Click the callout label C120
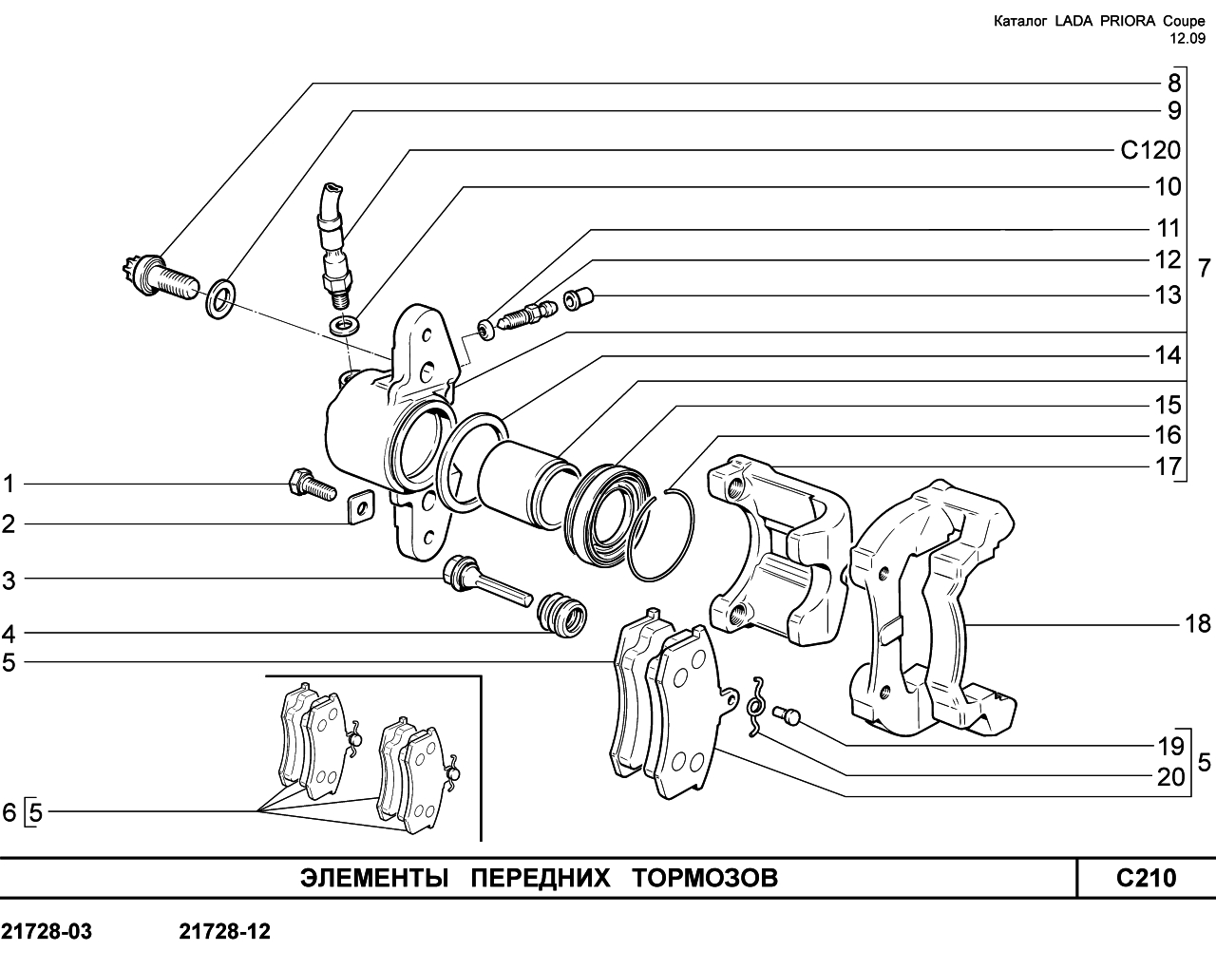pos(1150,150)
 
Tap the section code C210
pos(1146,878)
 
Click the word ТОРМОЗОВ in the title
pos(705,878)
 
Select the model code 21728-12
pos(225,932)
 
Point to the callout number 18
pos(1197,624)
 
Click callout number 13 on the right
pos(1168,295)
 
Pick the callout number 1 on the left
pos(9,484)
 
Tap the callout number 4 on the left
pos(9,635)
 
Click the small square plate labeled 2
pos(360,506)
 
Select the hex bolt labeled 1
pos(312,485)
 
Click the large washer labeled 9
pos(221,298)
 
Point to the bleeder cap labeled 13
pos(578,297)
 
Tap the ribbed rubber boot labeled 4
pos(561,616)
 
